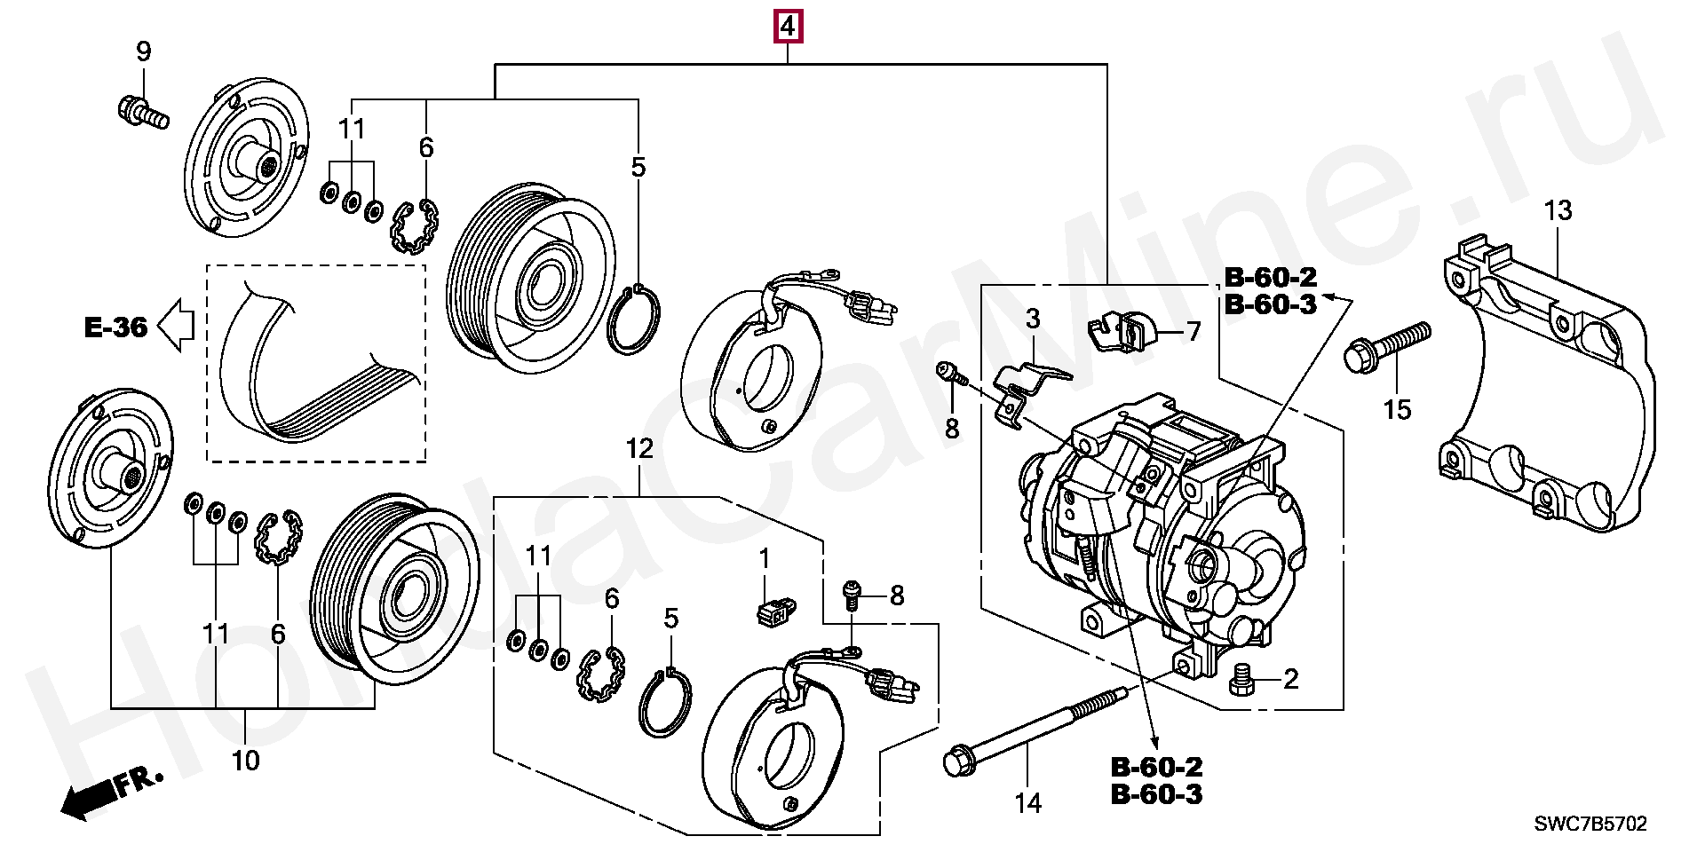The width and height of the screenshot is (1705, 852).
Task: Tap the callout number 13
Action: (x=1558, y=211)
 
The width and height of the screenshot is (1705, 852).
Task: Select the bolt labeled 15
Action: (x=1388, y=347)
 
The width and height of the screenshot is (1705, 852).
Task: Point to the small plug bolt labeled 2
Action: (x=1241, y=681)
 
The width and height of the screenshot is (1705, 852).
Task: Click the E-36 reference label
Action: (x=115, y=327)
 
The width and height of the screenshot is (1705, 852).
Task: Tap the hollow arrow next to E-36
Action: (x=176, y=325)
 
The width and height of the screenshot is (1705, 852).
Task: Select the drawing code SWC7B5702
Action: (x=1590, y=824)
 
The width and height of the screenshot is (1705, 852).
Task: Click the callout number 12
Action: (x=639, y=449)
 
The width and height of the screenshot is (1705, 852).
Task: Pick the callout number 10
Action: (x=245, y=761)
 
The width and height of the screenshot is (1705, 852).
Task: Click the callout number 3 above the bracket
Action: (x=1033, y=319)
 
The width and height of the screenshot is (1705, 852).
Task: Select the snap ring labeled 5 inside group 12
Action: (x=665, y=703)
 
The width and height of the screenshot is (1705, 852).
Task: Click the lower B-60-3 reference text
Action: (x=1156, y=794)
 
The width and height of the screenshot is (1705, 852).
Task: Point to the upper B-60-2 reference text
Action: (x=1271, y=277)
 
